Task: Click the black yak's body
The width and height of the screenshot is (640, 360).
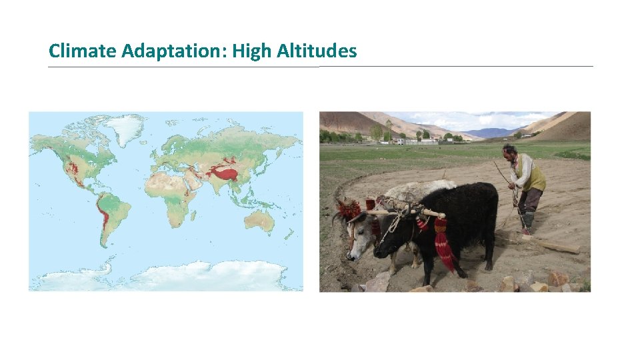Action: click(x=467, y=213)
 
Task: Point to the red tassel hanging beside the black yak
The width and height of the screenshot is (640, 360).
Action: click(x=443, y=247)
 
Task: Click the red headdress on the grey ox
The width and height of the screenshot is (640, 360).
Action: click(x=348, y=209)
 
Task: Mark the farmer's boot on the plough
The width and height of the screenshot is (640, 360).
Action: click(x=527, y=223)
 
